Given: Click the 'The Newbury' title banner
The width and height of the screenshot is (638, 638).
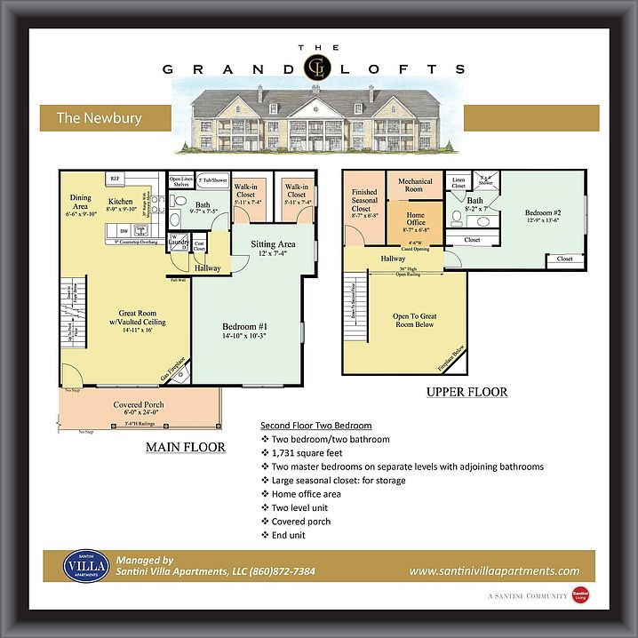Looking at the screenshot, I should click(x=100, y=117).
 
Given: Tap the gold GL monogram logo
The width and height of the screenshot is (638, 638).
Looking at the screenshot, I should click(x=315, y=68).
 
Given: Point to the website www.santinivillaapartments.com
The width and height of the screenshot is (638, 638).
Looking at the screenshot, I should click(x=494, y=571).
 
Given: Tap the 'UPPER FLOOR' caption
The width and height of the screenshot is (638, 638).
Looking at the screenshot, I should click(x=467, y=391).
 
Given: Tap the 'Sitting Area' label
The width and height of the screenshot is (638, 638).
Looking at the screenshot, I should click(x=273, y=243).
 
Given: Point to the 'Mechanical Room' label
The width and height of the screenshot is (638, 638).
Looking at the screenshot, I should click(x=415, y=186).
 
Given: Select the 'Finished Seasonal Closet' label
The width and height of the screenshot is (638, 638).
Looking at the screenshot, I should click(x=364, y=201).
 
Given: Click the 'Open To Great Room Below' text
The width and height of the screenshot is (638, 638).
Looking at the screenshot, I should click(x=415, y=320).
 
